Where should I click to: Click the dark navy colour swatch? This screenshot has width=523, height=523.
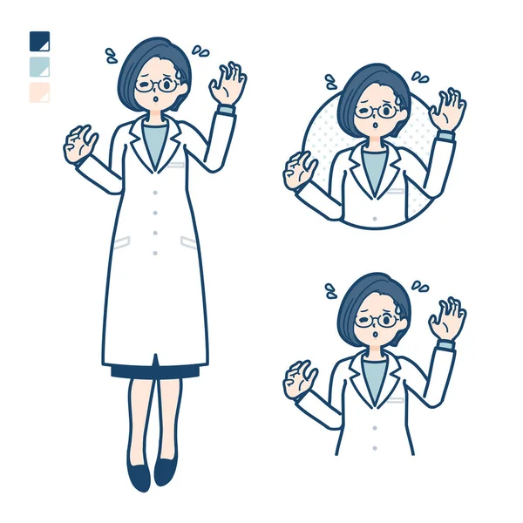tap(39, 42)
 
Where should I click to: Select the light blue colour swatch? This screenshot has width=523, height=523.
tap(39, 67)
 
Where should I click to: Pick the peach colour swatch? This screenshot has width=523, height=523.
tap(39, 92)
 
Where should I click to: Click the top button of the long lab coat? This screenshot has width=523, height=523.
tap(155, 187)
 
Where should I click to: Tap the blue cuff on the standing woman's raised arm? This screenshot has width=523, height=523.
tap(225, 111)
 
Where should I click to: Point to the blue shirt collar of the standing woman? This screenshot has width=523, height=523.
tap(155, 139)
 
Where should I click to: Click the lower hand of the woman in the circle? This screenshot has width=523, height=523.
tap(300, 169)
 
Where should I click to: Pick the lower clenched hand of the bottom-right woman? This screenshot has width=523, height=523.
tap(300, 378)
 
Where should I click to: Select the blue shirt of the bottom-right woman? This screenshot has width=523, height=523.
tap(375, 374)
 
